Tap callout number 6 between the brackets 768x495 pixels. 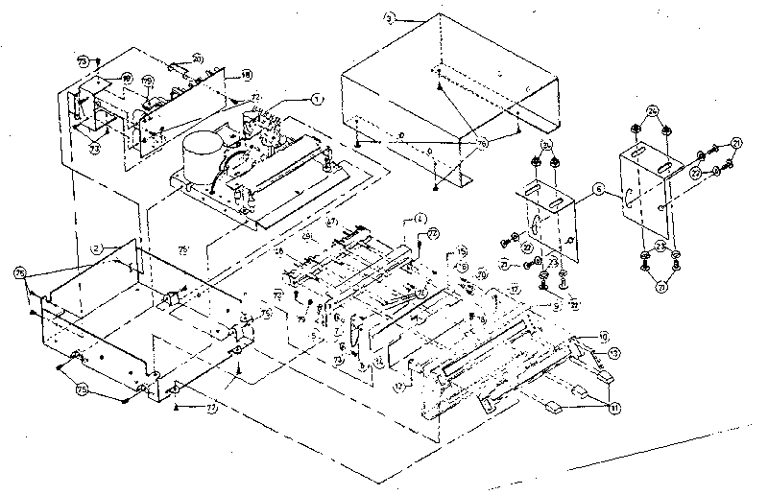coord(598,191)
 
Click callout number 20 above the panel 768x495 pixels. coord(198,59)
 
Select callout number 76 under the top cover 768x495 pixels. coord(482,141)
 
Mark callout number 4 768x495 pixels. coord(420,220)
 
